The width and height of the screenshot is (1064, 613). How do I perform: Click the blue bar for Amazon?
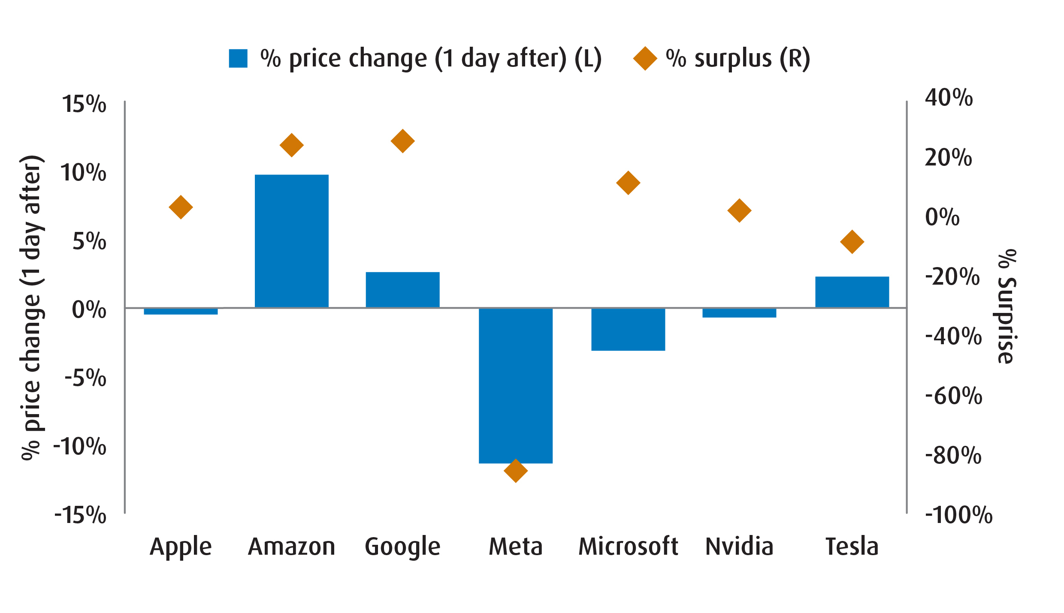292,241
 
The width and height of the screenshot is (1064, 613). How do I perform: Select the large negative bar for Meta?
516,385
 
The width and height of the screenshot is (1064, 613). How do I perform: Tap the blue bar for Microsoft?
628,329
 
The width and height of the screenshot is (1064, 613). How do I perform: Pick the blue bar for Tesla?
852,292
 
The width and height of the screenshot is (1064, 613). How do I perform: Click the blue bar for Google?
402,290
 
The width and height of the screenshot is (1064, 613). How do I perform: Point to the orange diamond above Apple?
181,207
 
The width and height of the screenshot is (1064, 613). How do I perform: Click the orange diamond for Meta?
516,471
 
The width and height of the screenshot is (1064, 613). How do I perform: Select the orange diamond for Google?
402,141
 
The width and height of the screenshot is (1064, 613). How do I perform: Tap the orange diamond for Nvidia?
739,210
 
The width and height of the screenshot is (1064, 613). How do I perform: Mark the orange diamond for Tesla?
852,242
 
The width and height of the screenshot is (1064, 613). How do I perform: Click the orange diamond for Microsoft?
628,183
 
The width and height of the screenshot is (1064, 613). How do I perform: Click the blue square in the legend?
238,59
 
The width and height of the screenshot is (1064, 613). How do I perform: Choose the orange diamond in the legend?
645,59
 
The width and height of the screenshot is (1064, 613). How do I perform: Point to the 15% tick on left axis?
84,104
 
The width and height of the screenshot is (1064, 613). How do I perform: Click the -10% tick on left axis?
80,446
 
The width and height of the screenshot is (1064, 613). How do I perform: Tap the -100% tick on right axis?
958,515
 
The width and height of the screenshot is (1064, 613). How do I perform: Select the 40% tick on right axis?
949,98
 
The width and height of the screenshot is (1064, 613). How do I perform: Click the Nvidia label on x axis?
739,547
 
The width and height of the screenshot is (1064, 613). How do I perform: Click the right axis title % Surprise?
1007,306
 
